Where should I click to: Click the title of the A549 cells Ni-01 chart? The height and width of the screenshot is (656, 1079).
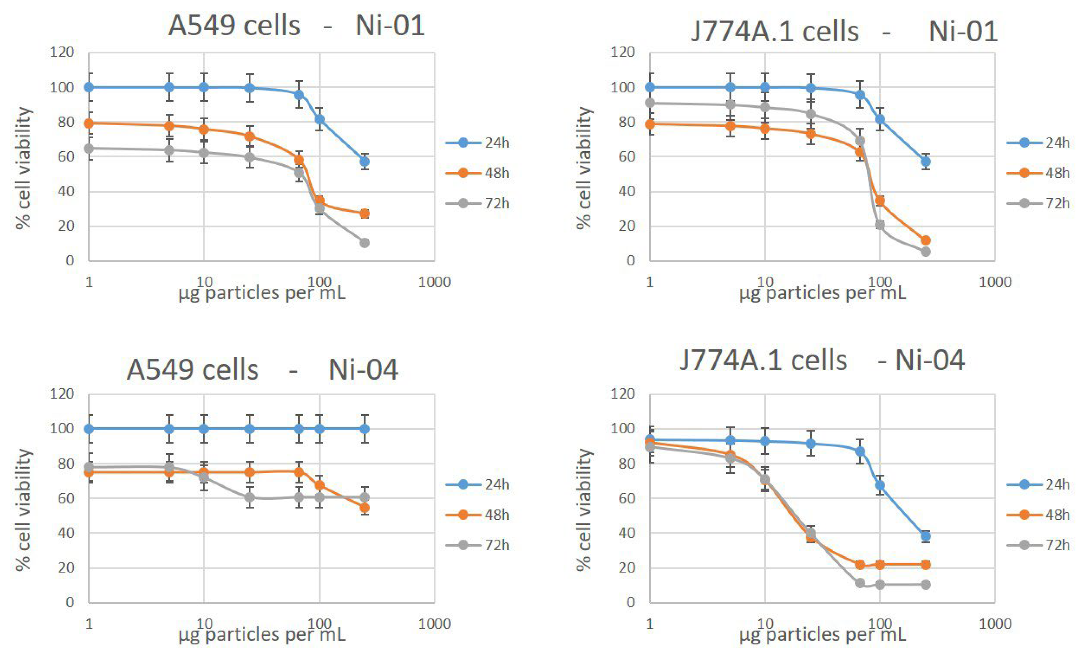[x=296, y=25]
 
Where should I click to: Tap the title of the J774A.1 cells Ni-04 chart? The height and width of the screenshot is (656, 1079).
[x=822, y=360]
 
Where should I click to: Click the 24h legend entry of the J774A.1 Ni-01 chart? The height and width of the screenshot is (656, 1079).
[x=1057, y=143]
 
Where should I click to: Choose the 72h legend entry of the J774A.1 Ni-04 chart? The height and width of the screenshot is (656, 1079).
[x=1057, y=545]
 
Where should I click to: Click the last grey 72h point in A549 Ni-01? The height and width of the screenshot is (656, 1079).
[x=364, y=243]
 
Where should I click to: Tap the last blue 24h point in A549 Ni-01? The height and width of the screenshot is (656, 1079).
[x=364, y=162]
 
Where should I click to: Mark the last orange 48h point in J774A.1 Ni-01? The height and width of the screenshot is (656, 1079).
[x=925, y=240]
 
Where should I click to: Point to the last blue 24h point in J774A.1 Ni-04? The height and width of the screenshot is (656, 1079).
[x=925, y=536]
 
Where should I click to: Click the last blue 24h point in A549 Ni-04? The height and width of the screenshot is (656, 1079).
[x=364, y=429]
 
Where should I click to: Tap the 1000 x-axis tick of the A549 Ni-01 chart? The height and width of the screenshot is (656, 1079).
[x=434, y=282]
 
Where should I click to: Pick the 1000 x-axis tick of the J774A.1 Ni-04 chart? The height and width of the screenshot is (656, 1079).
[x=995, y=624]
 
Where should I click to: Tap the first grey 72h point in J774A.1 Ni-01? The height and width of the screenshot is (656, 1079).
[x=650, y=103]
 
